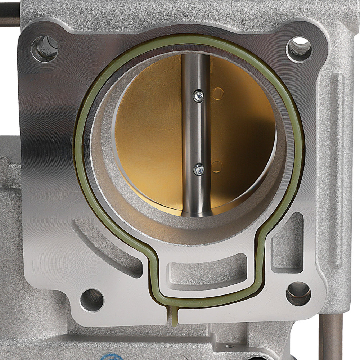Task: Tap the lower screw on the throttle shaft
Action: click(199, 169)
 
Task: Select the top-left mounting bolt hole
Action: click(45, 48)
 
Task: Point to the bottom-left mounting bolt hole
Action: click(92, 300)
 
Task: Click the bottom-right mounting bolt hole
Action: click(298, 293)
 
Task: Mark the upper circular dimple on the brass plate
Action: click(217, 94)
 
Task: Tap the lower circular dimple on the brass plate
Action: click(217, 167)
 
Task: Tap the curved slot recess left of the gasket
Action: click(104, 248)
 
